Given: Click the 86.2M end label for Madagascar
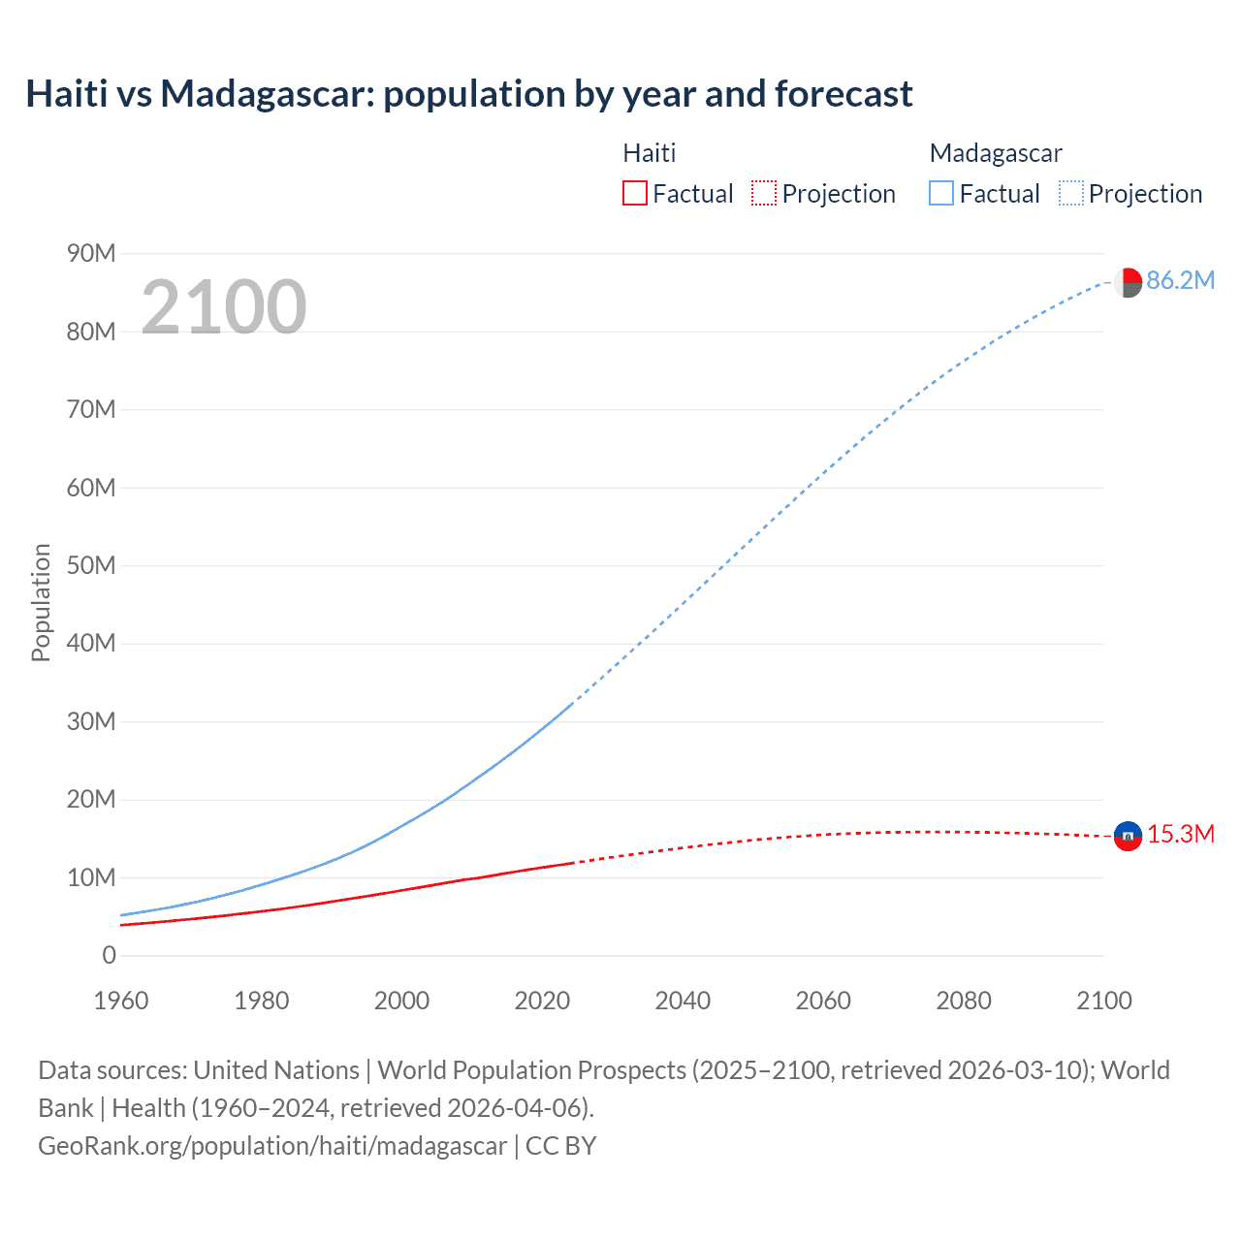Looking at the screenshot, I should pos(1180,280).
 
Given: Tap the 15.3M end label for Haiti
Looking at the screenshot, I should pos(1181,834).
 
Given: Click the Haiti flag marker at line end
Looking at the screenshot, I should pos(1128,835).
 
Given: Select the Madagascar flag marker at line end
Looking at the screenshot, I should pos(1128,282).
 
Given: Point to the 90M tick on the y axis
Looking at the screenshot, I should pos(91,254).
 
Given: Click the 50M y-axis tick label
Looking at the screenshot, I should pos(91,565).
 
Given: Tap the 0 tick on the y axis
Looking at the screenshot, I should pos(109,956).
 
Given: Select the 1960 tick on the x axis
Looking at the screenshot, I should pos(121,1001).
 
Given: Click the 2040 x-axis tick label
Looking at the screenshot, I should pos(683,1001).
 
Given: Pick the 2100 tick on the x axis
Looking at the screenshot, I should pos(1103,1001).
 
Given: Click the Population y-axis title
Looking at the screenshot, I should pos(41,602).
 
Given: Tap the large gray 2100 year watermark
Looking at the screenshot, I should pos(224,307).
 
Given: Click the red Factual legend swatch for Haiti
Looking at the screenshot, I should pos(634,194).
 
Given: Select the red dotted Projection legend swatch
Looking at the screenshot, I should pos(764,194).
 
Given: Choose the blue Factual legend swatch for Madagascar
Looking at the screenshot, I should pos(941,194).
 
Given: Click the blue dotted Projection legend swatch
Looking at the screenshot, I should pos(1071,194).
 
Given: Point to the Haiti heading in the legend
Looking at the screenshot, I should pos(649,153).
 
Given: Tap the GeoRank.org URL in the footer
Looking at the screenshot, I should pos(271,1146).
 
